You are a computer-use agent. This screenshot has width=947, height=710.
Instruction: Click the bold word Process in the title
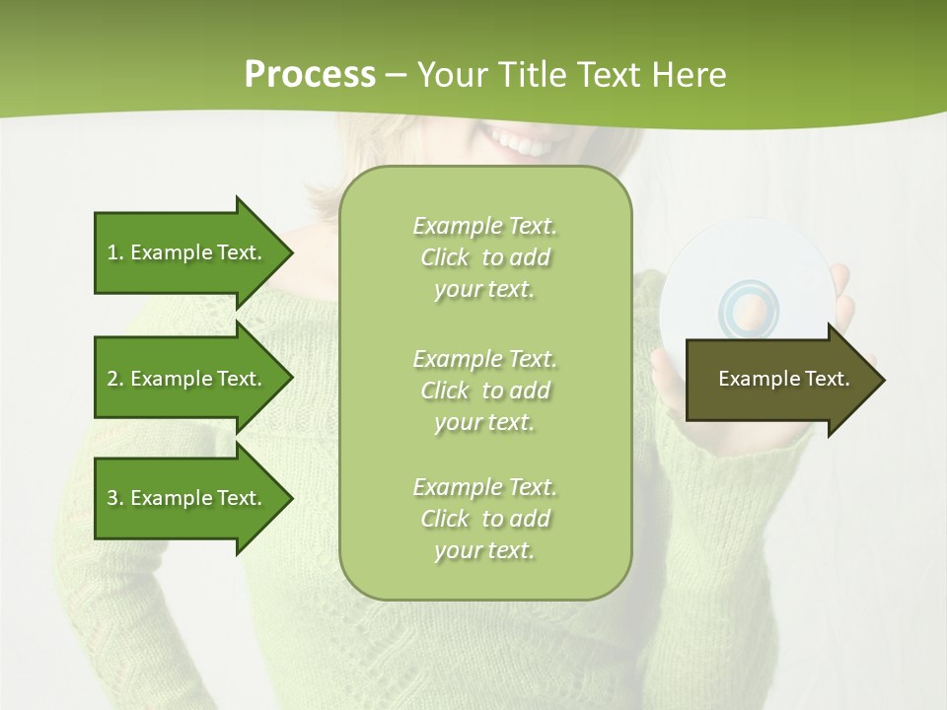[310, 74]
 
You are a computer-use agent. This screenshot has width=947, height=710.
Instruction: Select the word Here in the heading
[688, 74]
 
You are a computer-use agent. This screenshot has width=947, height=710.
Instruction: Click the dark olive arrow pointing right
[769, 380]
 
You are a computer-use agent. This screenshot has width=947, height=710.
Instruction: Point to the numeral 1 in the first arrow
[112, 252]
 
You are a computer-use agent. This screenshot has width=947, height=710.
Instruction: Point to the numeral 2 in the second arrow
[112, 379]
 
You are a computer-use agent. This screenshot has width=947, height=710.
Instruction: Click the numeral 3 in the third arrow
[112, 498]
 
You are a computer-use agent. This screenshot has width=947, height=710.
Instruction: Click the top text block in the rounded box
[484, 257]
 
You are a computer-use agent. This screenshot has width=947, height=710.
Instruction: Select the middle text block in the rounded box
[484, 390]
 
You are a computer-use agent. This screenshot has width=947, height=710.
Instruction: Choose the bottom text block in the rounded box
[484, 519]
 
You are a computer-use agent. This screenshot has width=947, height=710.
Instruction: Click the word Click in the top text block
[445, 257]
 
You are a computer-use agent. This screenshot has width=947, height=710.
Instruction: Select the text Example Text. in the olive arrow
[783, 379]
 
